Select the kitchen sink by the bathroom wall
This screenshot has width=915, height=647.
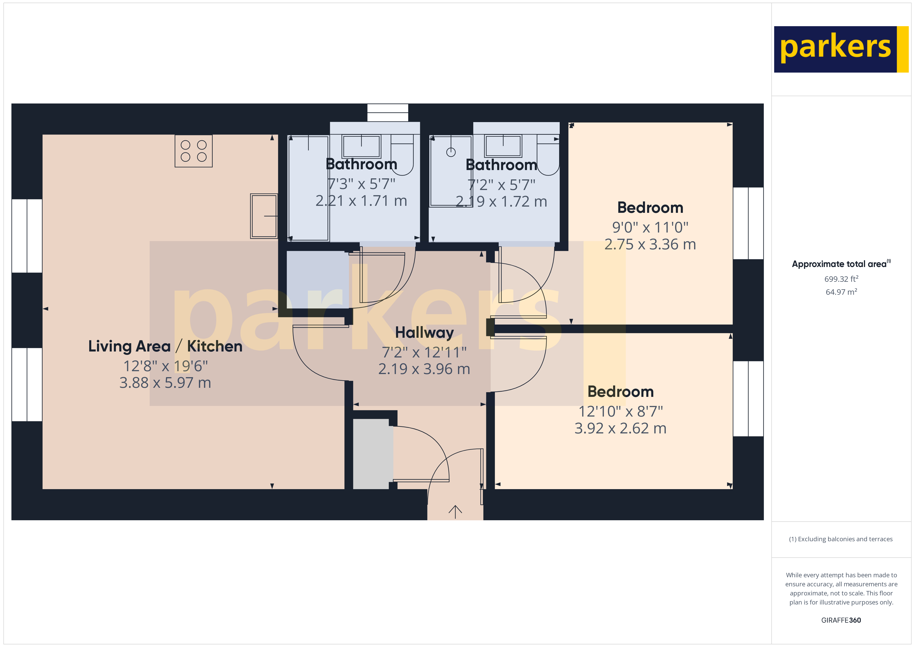pos(264,216)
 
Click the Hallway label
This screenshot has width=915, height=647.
pos(424,332)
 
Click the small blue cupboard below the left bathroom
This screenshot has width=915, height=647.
pos(317,279)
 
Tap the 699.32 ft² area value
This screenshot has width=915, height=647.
pos(841,279)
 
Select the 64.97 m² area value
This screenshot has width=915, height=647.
pos(841,292)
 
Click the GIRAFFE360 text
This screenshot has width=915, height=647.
pos(841,620)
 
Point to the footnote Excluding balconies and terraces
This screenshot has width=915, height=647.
pos(841,539)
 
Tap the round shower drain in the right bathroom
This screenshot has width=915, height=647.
pos(451,152)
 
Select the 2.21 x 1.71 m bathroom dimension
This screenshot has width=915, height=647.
pos(361,201)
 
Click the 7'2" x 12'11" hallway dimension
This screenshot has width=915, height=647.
pos(424,353)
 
